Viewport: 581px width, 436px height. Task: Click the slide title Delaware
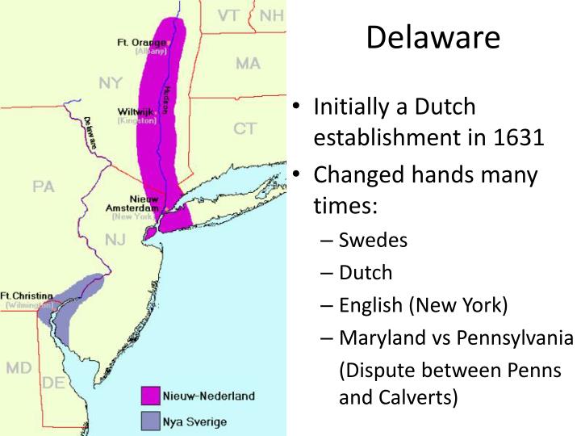[x=433, y=37]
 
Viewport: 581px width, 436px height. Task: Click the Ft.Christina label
[x=27, y=296]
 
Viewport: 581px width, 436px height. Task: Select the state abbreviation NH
[x=272, y=15]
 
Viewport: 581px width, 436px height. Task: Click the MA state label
[x=248, y=63]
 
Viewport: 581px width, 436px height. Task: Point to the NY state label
[x=111, y=83]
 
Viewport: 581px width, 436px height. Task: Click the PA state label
[x=44, y=187]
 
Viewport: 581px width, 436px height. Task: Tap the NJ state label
[x=115, y=239]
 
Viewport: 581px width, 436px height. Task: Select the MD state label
[x=19, y=368]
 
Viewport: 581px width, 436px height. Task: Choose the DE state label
[x=53, y=383]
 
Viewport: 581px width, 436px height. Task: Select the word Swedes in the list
[x=373, y=240]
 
